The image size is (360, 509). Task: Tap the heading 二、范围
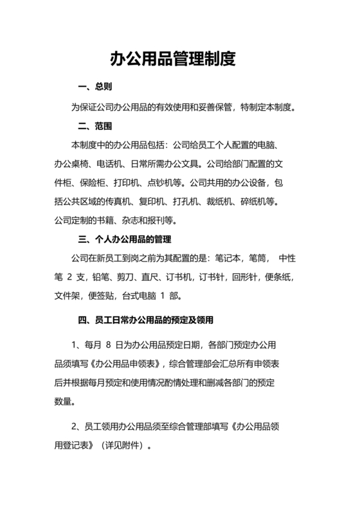95,125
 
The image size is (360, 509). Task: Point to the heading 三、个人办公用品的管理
124,240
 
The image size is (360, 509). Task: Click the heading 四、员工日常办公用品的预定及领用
145,319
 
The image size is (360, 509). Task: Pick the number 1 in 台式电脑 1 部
170,297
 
